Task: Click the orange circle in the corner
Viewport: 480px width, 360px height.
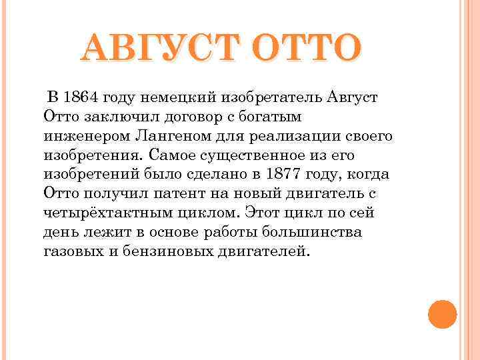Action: pos(442,313)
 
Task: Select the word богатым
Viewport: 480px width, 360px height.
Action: pos(270,117)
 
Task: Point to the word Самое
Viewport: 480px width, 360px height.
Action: pos(173,155)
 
